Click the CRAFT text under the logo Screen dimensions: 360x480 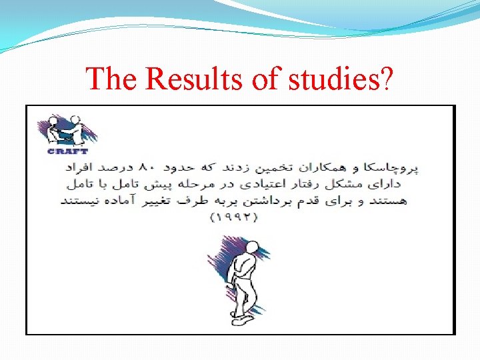coord(68,151)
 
